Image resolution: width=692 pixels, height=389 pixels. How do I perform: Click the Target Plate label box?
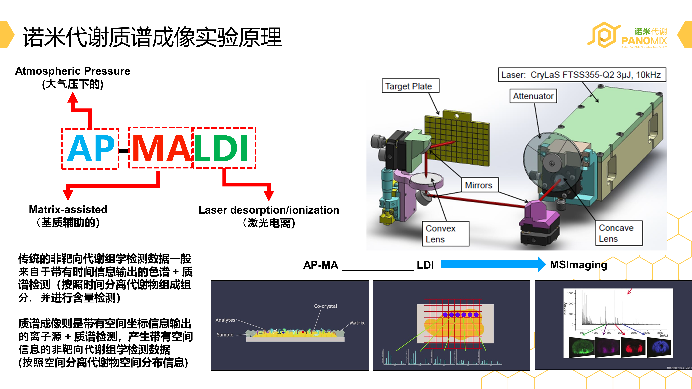410,86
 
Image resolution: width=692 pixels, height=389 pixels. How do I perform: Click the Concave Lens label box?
619,233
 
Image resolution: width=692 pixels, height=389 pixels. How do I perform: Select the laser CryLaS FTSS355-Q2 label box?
582,75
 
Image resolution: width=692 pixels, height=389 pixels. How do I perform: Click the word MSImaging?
578,265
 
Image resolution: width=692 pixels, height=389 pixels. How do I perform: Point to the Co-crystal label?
325,306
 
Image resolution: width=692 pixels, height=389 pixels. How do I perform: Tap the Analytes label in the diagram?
225,320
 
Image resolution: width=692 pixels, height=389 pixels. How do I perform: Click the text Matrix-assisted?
68,209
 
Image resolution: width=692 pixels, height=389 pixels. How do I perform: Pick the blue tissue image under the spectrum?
659,347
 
